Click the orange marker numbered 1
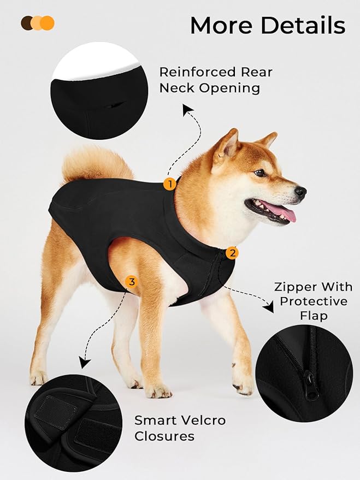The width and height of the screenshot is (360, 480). (x=170, y=184)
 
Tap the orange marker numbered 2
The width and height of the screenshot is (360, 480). (x=233, y=253)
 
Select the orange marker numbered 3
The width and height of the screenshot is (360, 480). (x=131, y=282)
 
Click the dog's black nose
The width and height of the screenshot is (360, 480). (x=300, y=192)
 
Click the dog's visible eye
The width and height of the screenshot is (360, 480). (x=260, y=173)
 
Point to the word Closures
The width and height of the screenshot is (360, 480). (x=164, y=436)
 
